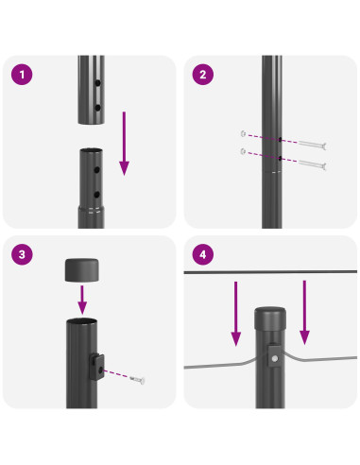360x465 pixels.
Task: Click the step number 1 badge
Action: click(x=21, y=74)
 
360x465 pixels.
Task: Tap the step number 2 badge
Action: click(x=201, y=74)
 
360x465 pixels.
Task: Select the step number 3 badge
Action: click(x=21, y=255)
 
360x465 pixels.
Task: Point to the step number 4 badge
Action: click(x=201, y=255)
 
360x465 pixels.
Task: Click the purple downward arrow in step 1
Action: click(x=124, y=142)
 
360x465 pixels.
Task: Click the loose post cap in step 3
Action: click(x=82, y=269)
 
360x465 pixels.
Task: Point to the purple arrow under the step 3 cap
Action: click(x=82, y=300)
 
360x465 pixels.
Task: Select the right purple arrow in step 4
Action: click(x=304, y=311)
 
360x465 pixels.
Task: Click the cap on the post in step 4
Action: click(x=269, y=317)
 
